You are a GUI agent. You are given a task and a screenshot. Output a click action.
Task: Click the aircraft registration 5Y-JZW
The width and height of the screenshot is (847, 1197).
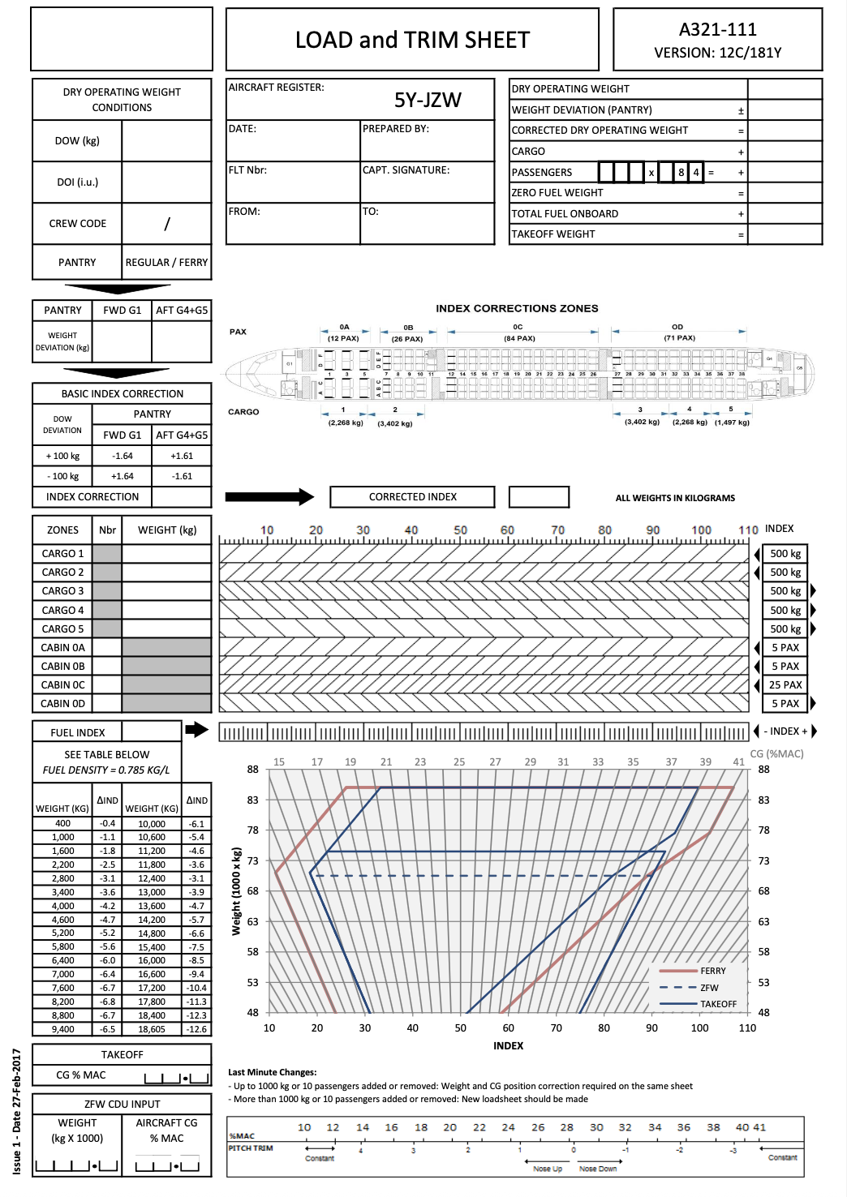click(428, 100)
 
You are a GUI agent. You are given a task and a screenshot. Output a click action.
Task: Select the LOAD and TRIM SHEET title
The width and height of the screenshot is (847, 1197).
click(412, 40)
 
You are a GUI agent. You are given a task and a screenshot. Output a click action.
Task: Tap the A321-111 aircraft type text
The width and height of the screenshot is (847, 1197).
click(717, 29)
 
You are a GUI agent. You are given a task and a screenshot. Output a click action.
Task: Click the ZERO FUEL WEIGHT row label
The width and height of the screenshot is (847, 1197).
click(557, 193)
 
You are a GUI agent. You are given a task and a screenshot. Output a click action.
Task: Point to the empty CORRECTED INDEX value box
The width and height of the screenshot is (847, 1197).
click(539, 497)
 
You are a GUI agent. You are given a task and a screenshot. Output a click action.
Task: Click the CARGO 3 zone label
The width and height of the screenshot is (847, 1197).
click(62, 591)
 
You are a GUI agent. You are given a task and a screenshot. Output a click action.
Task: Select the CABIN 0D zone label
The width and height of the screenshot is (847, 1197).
click(62, 704)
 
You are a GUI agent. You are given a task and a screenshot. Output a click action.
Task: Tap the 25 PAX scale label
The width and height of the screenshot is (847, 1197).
click(785, 685)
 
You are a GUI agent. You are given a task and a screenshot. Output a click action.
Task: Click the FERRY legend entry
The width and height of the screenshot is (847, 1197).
click(712, 971)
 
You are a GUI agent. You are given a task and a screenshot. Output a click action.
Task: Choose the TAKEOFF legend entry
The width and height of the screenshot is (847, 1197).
click(718, 1004)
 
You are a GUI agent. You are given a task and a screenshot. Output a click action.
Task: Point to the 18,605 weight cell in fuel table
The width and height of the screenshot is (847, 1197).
click(152, 1029)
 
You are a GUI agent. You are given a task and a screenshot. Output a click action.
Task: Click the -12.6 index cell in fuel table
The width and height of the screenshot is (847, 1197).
click(196, 1029)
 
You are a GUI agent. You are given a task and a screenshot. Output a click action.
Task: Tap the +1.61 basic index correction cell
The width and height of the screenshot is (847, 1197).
click(182, 456)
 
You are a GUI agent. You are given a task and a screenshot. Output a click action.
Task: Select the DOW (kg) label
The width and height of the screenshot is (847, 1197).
click(77, 141)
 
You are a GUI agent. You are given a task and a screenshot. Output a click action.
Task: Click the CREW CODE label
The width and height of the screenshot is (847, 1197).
click(77, 224)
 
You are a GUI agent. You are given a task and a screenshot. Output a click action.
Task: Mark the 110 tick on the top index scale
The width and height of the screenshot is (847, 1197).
click(748, 530)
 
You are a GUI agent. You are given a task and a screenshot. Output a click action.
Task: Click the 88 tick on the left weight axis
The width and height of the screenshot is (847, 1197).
click(253, 770)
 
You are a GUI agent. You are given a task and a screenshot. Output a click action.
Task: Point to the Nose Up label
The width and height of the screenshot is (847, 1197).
click(548, 1169)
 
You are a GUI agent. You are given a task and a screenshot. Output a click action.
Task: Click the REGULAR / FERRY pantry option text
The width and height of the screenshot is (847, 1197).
click(166, 263)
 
